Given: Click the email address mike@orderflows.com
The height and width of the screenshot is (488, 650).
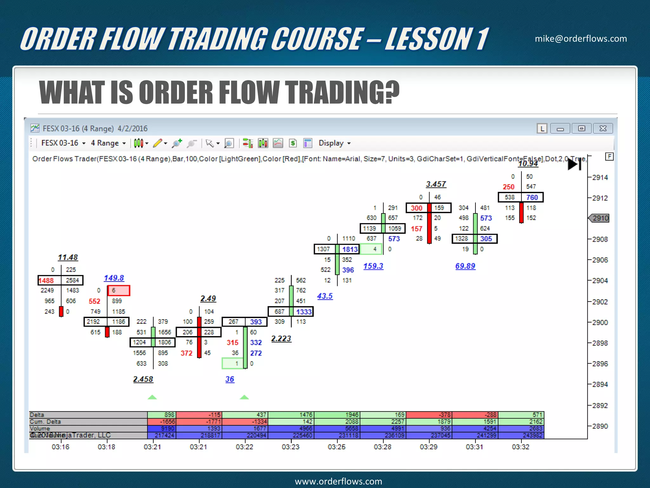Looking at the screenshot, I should (580, 39).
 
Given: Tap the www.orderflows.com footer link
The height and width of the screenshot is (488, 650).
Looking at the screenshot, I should (338, 481).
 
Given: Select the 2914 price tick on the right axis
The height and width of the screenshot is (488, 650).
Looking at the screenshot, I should (600, 177).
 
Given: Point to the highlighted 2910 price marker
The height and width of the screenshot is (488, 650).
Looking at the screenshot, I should (600, 218).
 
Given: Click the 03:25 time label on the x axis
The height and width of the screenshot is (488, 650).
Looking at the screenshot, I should (336, 447).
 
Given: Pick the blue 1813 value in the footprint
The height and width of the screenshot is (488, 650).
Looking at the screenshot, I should (350, 249).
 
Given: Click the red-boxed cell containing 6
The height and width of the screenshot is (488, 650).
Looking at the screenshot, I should (118, 290).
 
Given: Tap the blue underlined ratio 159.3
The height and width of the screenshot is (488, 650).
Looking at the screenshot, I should (373, 266).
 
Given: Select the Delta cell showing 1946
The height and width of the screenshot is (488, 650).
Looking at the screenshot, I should (337, 415).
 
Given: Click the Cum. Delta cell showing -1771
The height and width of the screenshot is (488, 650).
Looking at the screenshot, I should (199, 422).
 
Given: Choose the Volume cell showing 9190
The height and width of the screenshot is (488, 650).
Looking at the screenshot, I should (162, 428).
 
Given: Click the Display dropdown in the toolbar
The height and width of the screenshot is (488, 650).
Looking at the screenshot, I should (334, 143).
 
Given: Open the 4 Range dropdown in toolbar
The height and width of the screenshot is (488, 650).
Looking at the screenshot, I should (108, 143).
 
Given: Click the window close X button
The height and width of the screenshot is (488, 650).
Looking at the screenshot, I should (603, 128).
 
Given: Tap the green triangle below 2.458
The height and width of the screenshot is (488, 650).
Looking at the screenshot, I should (152, 397).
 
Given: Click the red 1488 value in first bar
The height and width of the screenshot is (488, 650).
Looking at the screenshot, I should (46, 281).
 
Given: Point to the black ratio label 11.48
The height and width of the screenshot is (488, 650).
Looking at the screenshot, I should (68, 257).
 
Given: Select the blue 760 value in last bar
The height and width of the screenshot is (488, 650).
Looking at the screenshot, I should (532, 197).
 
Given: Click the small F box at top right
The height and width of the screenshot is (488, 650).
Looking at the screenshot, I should (609, 156).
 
